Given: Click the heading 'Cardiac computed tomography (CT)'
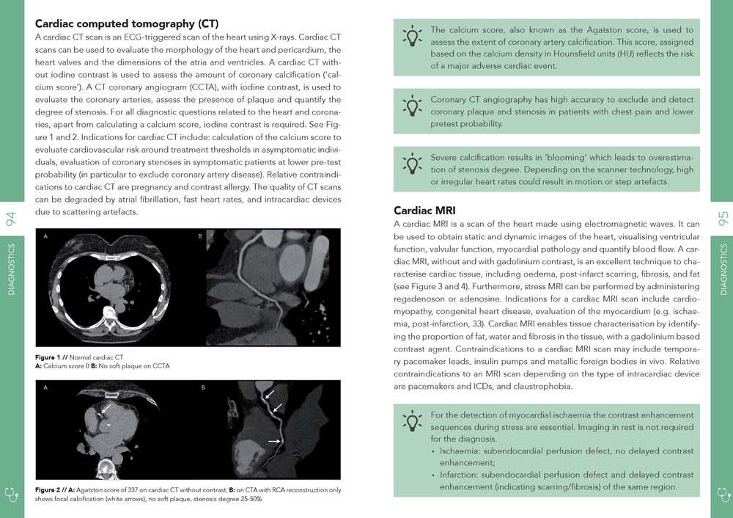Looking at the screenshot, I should click(x=127, y=23).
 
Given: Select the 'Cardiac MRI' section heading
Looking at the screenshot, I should click(x=424, y=210).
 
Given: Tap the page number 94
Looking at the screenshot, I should click(x=12, y=218).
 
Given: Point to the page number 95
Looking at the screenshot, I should click(x=721, y=218).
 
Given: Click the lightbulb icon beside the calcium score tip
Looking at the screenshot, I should click(x=413, y=37).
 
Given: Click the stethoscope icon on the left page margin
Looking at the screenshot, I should click(x=12, y=494).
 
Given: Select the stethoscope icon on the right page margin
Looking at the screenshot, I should click(x=721, y=494).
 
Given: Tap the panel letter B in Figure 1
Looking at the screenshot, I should click(x=200, y=236).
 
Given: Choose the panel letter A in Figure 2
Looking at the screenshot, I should click(x=45, y=387).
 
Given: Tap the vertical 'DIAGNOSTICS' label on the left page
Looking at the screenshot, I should click(x=12, y=269).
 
